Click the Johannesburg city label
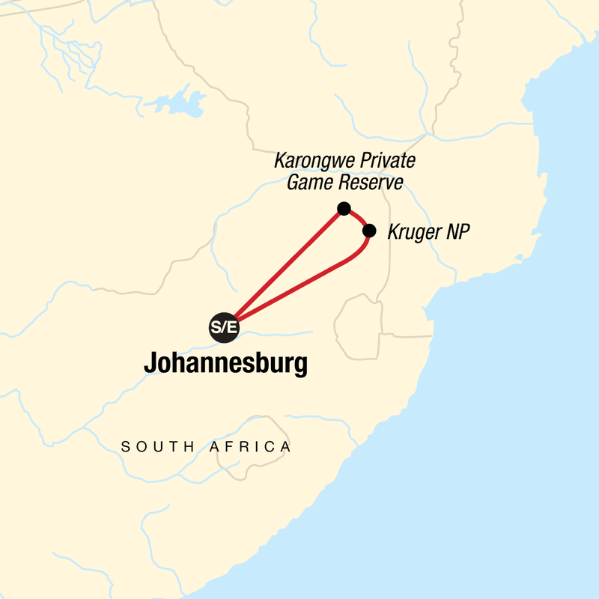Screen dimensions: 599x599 [225, 365]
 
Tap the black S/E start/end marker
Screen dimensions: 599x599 [222, 326]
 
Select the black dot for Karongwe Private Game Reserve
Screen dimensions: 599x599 [344, 208]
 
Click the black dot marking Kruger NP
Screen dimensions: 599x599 [368, 231]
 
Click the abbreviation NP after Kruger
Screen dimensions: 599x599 [457, 232]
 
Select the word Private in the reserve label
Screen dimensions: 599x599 [384, 161]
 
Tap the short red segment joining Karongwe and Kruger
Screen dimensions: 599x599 [358, 216]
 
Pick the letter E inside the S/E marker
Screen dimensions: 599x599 [228, 327]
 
